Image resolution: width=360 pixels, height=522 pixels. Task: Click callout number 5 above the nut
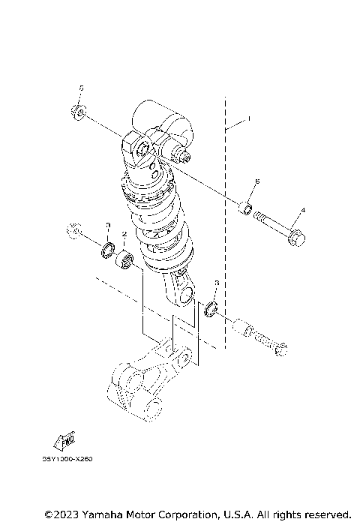[x=82, y=88]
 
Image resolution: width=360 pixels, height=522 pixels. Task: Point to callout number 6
[x=256, y=181]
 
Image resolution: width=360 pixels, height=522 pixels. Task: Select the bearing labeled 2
[x=124, y=262]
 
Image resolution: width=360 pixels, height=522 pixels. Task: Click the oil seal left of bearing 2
[x=108, y=249]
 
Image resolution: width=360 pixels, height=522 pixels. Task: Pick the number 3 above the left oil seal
[x=108, y=225]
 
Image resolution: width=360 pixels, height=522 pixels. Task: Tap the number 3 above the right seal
[x=216, y=283]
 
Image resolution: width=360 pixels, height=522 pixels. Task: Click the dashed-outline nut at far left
[x=72, y=230]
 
